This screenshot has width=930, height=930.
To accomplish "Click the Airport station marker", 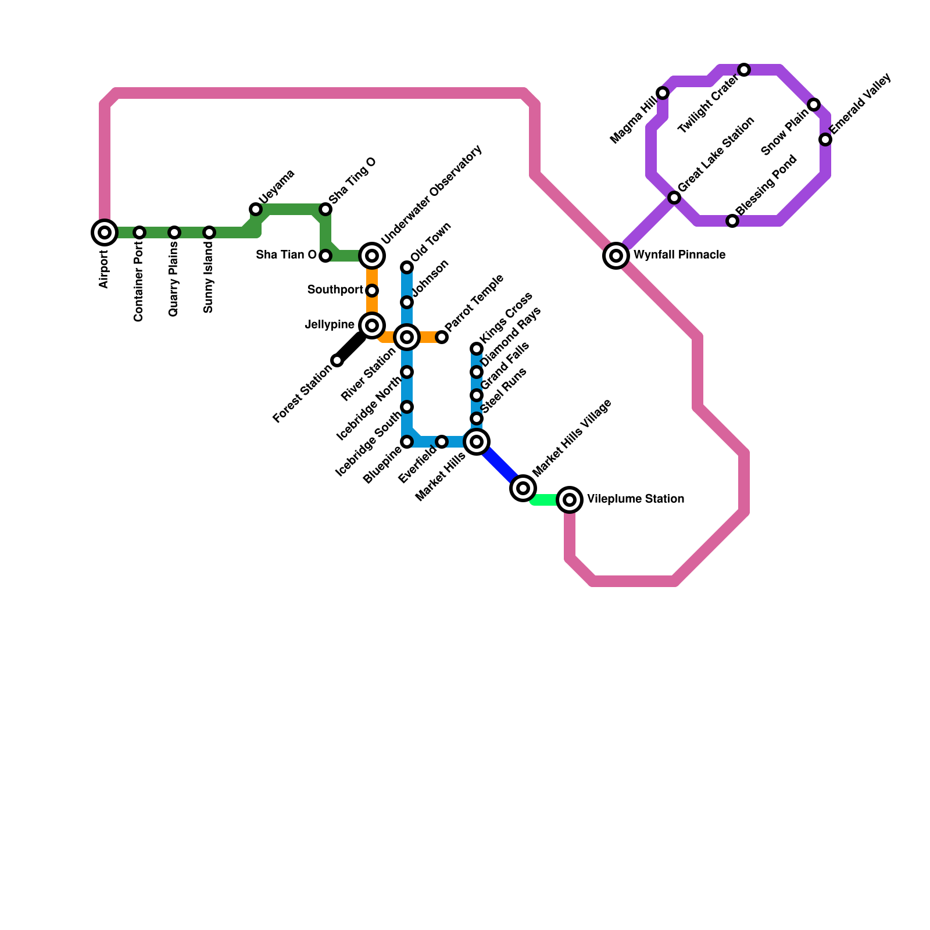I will (x=105, y=233).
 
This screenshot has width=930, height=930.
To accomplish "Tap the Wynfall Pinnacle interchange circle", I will (x=616, y=255).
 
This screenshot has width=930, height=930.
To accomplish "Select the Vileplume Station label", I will (x=635, y=499).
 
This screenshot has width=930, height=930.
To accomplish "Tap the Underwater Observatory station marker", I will (x=372, y=255).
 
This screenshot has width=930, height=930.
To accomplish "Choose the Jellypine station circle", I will (x=372, y=325).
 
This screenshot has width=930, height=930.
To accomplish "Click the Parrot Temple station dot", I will (x=442, y=337).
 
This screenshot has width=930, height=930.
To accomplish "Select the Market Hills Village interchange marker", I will (x=523, y=488).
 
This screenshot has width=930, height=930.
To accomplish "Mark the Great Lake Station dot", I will (x=674, y=198).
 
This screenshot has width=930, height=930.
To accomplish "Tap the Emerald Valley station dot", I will (x=825, y=139).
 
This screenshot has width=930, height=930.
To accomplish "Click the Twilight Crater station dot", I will (x=744, y=70).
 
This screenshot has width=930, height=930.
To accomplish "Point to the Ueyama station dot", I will (x=256, y=209).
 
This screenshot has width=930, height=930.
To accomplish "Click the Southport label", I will (x=335, y=290).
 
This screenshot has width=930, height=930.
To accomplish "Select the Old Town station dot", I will (x=407, y=267).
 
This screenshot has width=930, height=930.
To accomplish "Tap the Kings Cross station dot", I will (x=477, y=349).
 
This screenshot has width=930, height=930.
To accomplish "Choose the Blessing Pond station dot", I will (x=732, y=221).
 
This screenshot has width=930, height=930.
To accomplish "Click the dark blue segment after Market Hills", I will (x=500, y=465).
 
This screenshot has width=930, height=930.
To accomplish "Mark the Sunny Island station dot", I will (x=209, y=233).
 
